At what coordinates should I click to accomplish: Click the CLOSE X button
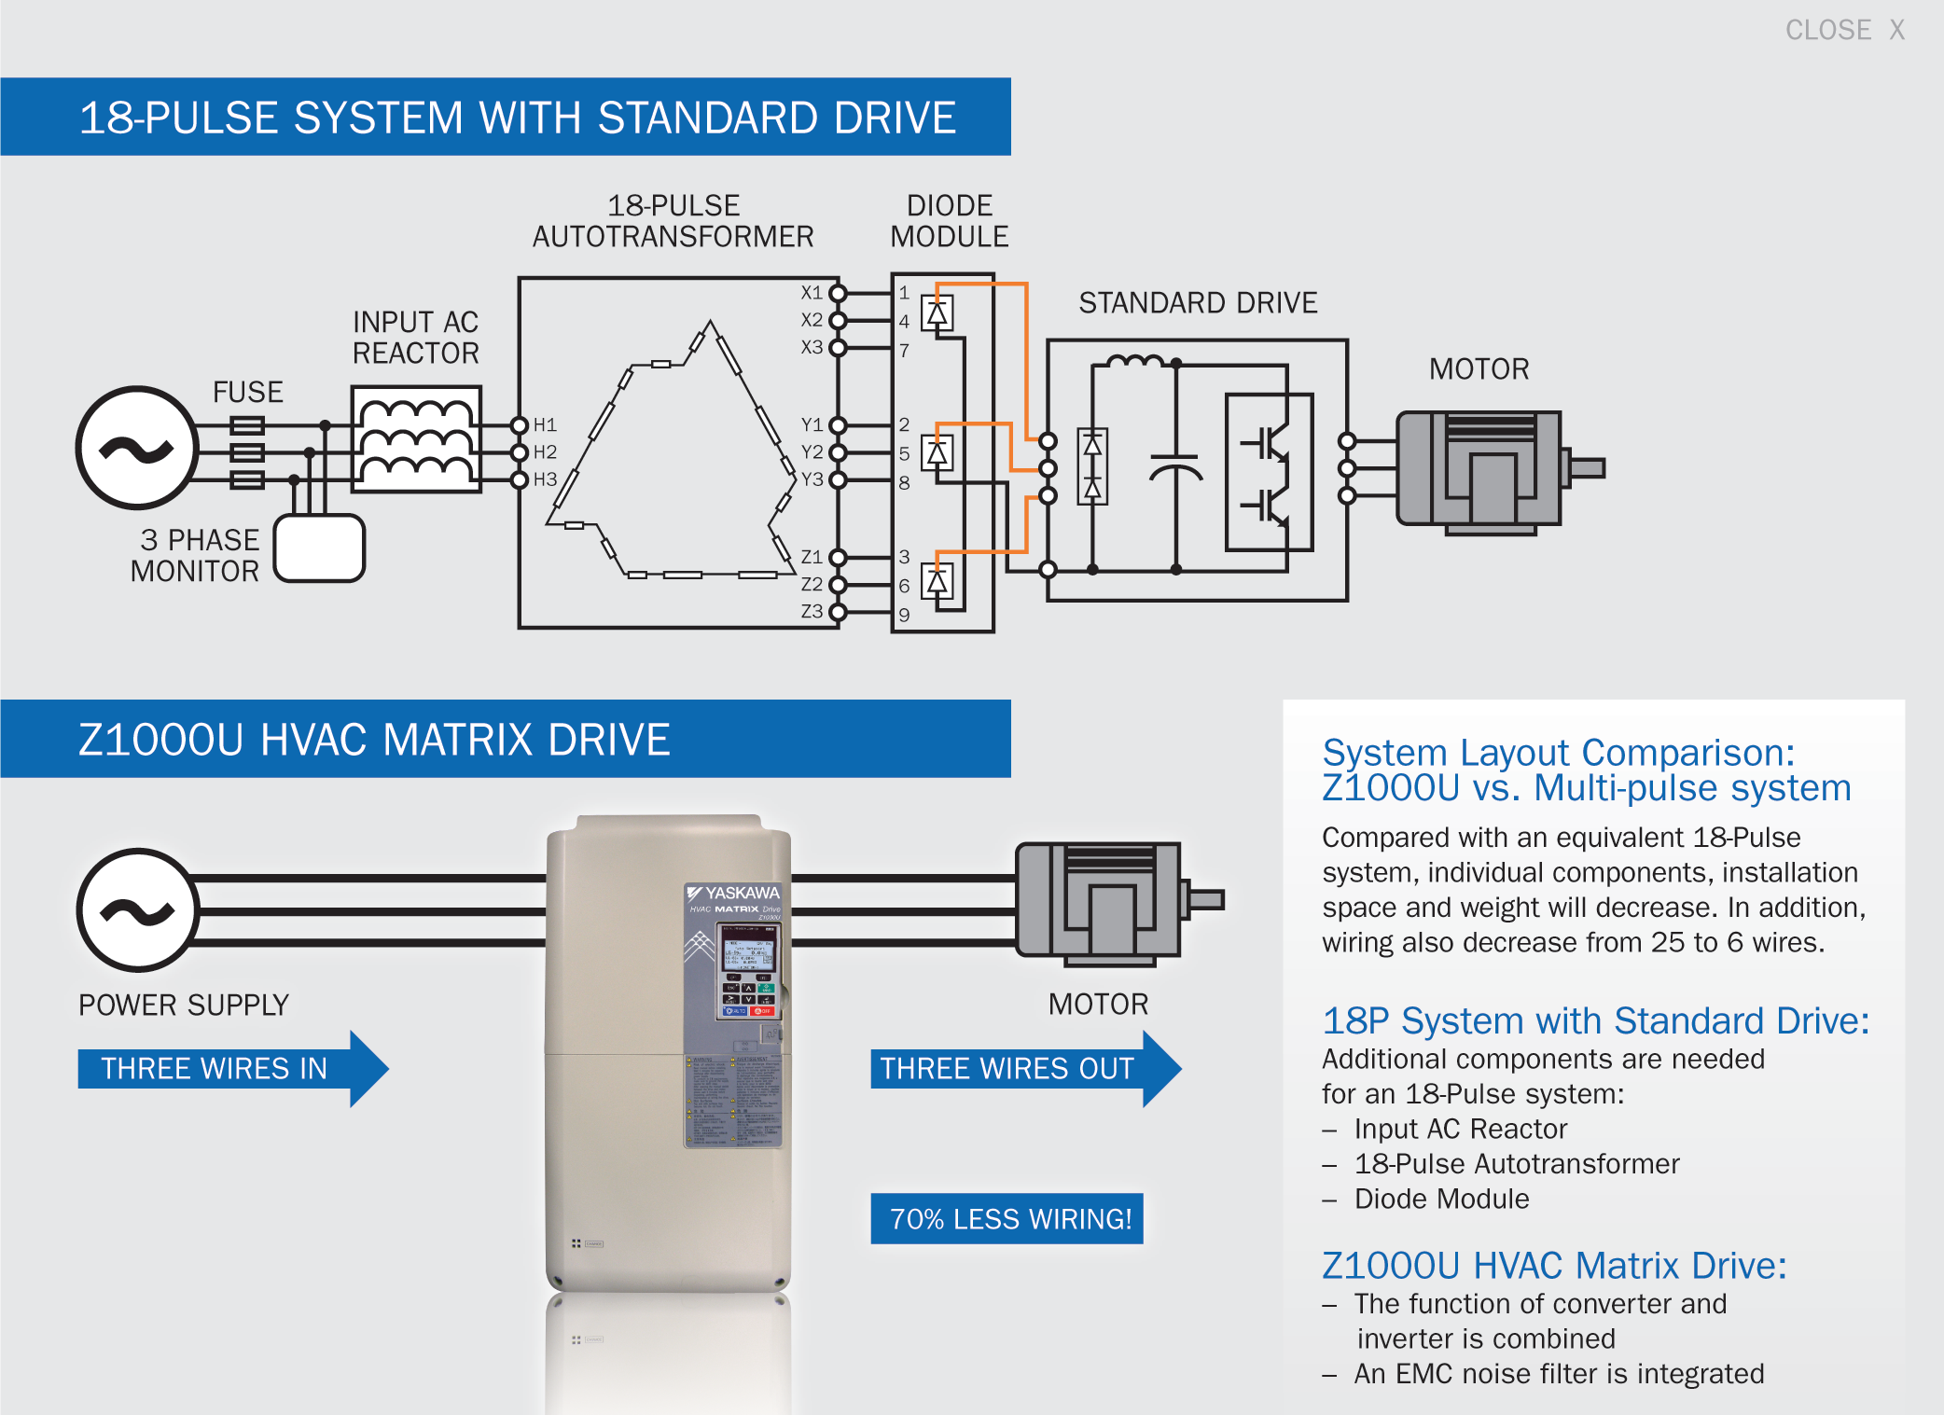click(x=1843, y=30)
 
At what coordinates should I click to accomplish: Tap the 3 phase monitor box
click(x=319, y=548)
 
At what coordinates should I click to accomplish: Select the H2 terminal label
click(x=545, y=452)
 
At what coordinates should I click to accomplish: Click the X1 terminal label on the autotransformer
click(x=812, y=293)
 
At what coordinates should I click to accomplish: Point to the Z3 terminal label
click(x=812, y=611)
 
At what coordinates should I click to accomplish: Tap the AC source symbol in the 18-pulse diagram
click(x=137, y=448)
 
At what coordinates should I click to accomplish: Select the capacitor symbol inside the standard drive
click(x=1175, y=466)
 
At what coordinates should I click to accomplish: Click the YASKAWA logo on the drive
click(x=735, y=893)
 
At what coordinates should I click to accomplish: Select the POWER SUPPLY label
click(x=184, y=1005)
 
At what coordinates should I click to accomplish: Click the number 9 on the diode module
click(x=904, y=615)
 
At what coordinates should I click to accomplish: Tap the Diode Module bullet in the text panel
click(x=1441, y=1199)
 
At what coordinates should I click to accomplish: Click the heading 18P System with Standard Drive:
click(x=1595, y=1020)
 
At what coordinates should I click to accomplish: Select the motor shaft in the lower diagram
click(x=1205, y=899)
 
